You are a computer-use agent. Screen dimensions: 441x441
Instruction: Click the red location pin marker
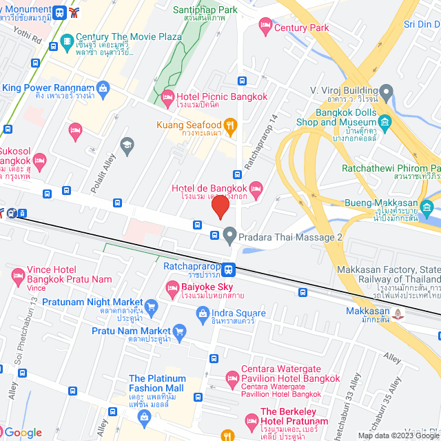220,206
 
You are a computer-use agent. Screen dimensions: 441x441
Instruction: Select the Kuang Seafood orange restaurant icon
231,125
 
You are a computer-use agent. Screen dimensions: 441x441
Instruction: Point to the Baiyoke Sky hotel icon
172,287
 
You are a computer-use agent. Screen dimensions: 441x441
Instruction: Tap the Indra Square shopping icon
203,316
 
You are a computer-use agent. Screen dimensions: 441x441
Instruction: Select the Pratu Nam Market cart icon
180,331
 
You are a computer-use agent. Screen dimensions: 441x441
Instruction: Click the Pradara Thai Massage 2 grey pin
229,236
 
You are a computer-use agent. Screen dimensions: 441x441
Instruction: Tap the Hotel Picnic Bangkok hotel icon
167,99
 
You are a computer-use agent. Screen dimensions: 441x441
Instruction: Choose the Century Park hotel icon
265,27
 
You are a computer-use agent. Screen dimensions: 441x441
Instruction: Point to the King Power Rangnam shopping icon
103,88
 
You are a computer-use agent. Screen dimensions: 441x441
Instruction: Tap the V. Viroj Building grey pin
386,91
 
